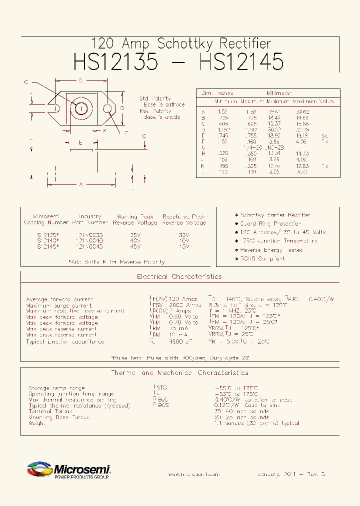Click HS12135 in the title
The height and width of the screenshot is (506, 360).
pos(115,62)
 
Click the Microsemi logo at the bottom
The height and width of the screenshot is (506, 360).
pos(68,470)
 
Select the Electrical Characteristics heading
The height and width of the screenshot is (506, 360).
pos(179,276)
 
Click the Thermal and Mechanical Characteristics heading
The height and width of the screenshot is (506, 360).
pos(179,373)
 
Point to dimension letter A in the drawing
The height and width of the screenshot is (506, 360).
pos(80,184)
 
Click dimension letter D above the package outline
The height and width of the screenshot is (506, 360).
pos(80,81)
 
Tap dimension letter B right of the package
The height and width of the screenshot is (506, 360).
pos(121,107)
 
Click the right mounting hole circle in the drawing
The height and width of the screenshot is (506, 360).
pos(107,108)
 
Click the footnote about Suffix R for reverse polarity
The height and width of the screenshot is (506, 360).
pos(116,261)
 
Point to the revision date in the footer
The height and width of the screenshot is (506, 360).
pos(291,474)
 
